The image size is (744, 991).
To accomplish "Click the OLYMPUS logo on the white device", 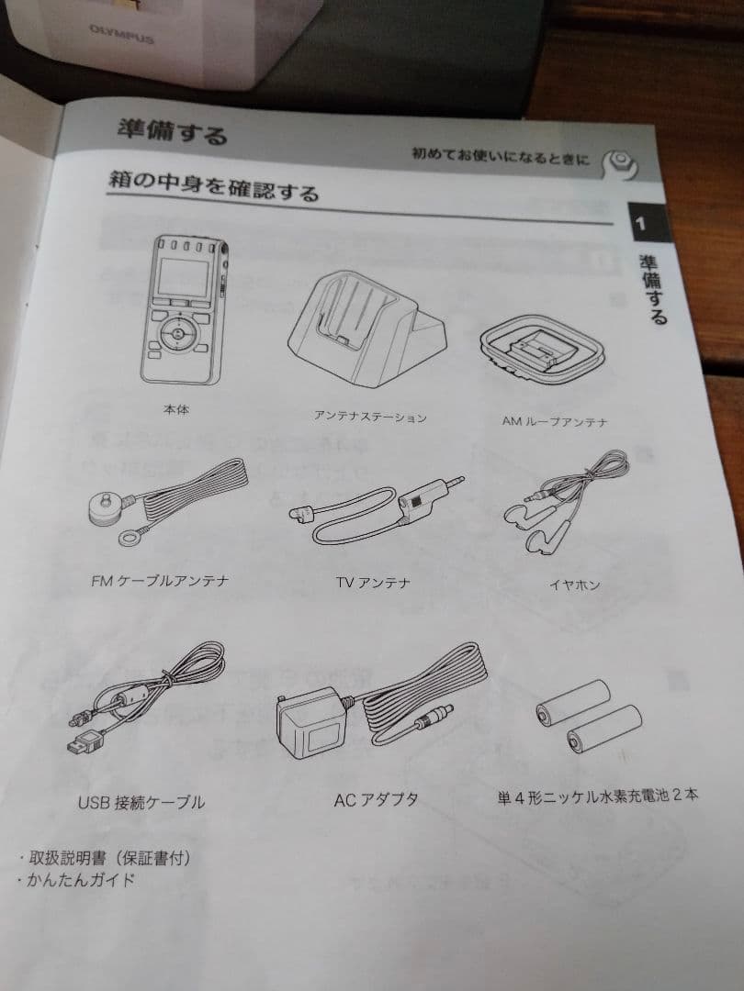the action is click(x=121, y=34).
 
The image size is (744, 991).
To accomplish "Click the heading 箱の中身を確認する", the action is click(x=214, y=185).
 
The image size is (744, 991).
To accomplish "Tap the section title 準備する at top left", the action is click(x=172, y=130).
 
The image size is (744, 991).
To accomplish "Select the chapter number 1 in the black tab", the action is click(x=641, y=223).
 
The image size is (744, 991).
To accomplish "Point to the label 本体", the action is click(x=176, y=409).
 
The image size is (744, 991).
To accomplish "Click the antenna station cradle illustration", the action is click(x=366, y=328).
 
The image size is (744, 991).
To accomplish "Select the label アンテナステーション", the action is click(x=370, y=418).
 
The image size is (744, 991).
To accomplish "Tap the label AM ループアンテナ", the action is click(x=554, y=421).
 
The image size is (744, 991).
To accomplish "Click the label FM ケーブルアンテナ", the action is click(x=160, y=581).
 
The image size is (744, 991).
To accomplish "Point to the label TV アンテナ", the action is click(x=373, y=583).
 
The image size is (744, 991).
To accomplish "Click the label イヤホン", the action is click(x=574, y=585).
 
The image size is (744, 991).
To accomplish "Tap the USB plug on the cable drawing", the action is click(x=86, y=742).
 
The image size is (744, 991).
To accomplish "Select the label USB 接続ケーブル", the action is click(x=141, y=803).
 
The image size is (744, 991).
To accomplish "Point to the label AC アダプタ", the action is click(x=376, y=800).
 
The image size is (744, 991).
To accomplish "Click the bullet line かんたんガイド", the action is click(x=76, y=879).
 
